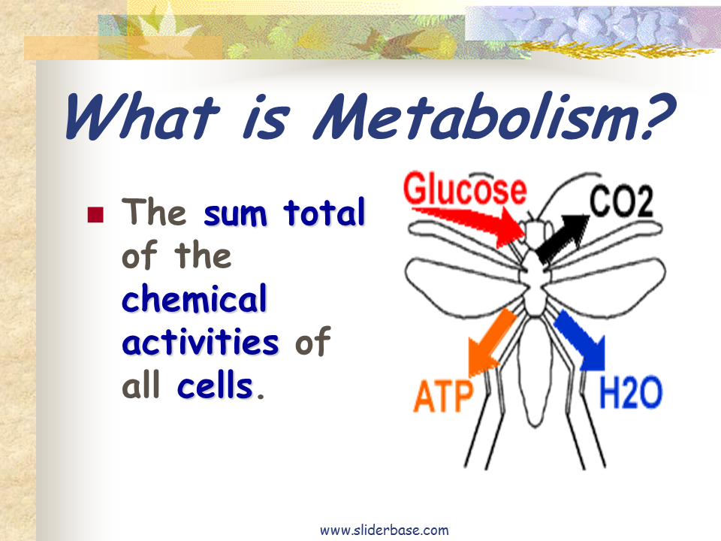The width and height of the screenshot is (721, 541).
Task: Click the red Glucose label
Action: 465,189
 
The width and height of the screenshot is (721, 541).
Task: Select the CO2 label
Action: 621,201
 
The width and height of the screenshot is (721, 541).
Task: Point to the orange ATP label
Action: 443,396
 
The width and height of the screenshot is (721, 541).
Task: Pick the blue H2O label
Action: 630,392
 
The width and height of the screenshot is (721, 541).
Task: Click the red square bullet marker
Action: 95,214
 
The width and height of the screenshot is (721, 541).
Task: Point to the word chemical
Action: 194,298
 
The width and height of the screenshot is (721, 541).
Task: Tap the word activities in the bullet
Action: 200,342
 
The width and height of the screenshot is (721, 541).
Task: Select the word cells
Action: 215,385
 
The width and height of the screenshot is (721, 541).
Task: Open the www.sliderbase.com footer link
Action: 385,530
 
